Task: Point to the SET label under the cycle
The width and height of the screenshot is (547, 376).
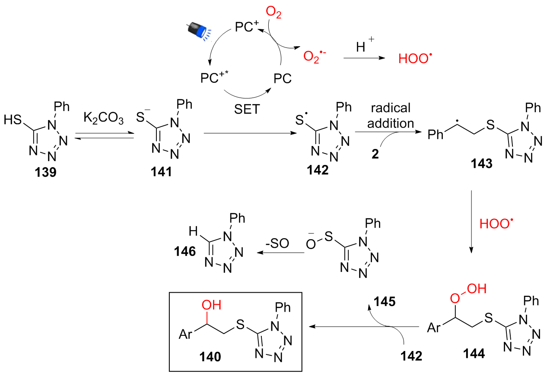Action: pyautogui.click(x=248, y=109)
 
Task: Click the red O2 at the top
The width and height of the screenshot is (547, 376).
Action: pyautogui.click(x=273, y=13)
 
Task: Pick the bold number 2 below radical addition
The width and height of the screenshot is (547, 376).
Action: pyautogui.click(x=375, y=154)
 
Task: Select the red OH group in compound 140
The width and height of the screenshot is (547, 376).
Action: pyautogui.click(x=211, y=305)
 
